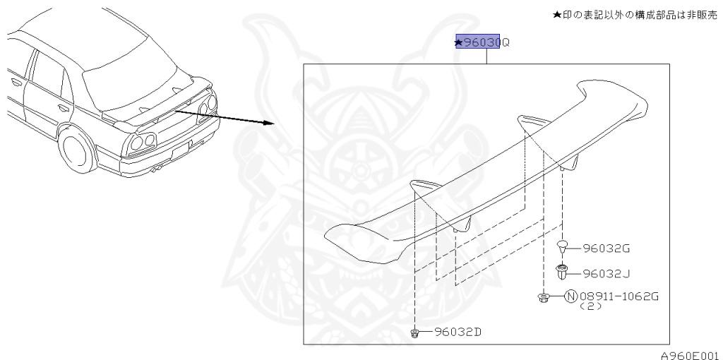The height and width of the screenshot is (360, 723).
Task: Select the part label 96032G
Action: pos(607,248)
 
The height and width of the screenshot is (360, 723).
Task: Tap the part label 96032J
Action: pos(607,272)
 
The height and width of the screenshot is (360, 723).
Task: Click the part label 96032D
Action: pos(459,332)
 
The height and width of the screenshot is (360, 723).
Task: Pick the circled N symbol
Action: pos(570,296)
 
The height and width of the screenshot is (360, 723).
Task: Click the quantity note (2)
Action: pos(591,307)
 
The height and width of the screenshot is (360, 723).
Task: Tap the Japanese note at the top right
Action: pos(635,13)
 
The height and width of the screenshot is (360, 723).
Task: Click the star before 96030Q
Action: pos(459,43)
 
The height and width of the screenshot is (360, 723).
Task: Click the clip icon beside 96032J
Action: pos(563,271)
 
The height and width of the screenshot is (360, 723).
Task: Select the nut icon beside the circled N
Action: pos(544,298)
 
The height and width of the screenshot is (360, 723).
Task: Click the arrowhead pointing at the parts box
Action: pos(268,123)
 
